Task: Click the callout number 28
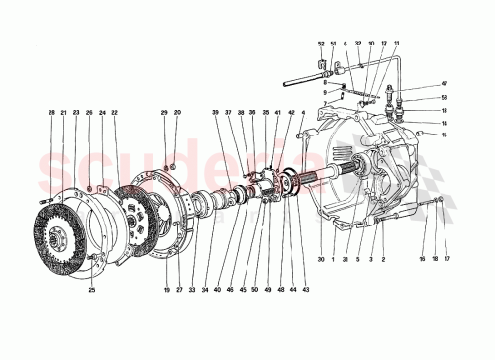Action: click(51, 115)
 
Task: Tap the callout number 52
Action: click(321, 45)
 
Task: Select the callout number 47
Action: click(445, 85)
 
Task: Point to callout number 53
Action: click(445, 98)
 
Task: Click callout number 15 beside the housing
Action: click(445, 135)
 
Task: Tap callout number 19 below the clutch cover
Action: click(167, 290)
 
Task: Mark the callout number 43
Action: click(304, 290)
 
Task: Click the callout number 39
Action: click(214, 115)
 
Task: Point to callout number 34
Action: click(205, 290)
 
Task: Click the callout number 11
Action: click(396, 45)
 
